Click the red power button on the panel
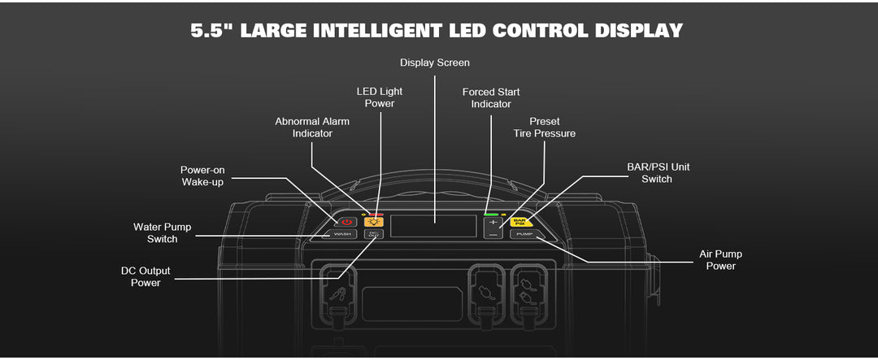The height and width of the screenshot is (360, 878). (x=347, y=221)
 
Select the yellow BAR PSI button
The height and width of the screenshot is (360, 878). (x=520, y=221)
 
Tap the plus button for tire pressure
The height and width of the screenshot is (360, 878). (x=493, y=221)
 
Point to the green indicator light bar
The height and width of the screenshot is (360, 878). (x=491, y=214)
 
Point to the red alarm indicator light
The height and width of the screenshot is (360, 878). (x=376, y=214)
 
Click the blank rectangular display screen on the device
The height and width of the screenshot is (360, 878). (x=433, y=226)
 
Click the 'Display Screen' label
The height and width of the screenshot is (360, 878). (x=434, y=63)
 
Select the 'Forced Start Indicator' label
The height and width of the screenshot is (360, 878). (x=491, y=98)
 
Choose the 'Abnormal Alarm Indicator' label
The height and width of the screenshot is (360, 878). (x=312, y=127)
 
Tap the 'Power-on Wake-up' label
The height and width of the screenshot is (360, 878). (x=202, y=176)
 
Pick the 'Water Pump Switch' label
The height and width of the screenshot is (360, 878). (x=162, y=232)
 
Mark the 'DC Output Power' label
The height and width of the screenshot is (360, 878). (x=146, y=276)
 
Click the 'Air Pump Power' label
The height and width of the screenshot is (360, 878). (x=720, y=260)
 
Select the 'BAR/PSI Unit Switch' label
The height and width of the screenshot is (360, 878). (x=657, y=172)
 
